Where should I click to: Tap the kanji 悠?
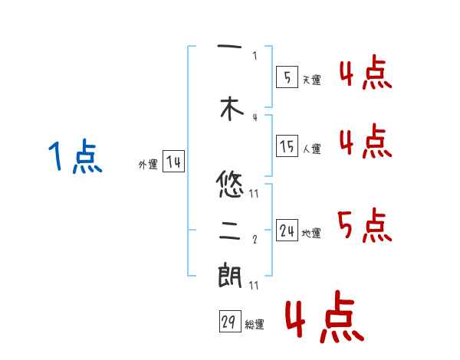[x=230, y=184]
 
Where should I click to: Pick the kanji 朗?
[x=230, y=277]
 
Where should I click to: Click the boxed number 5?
[x=287, y=77]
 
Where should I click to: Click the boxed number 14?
[x=173, y=162]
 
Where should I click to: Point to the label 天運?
[x=311, y=80]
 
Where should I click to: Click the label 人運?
[x=311, y=149]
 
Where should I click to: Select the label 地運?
[x=311, y=233]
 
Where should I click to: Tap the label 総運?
[x=255, y=325]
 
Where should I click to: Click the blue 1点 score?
[x=74, y=158]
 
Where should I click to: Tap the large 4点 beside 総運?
[x=324, y=319]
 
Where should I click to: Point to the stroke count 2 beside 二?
[x=255, y=239]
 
